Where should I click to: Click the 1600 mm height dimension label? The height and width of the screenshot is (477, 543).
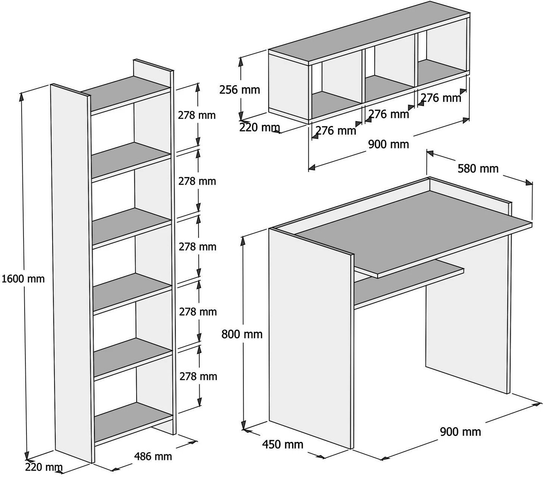pos(23,279)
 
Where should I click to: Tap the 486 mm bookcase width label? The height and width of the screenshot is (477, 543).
pos(153,456)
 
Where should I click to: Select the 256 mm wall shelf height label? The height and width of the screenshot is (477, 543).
pos(240,90)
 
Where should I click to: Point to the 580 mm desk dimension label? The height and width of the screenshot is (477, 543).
pos(478,169)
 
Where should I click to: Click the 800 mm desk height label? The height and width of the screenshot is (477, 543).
pos(242,334)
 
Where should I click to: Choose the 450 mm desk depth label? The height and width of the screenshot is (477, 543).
pos(283,445)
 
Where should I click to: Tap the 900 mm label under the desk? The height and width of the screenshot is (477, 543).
pos(460,432)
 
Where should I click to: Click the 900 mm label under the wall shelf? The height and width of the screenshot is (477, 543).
pos(388,144)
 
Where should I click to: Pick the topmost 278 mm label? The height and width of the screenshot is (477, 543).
pos(197,115)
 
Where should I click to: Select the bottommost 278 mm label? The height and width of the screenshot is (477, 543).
pos(198,376)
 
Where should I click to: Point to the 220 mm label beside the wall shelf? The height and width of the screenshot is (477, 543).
pos(259,128)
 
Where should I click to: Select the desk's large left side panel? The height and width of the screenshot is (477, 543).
pos(310,336)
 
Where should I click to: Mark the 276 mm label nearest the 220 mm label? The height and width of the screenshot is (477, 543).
pos(336,131)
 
